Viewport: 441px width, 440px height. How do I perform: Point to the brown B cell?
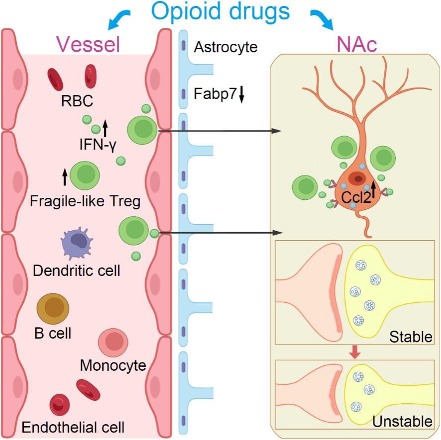click(x=53, y=309)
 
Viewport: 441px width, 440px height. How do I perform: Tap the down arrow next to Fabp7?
click(x=241, y=93)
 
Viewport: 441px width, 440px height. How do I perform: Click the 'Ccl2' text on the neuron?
click(x=355, y=197)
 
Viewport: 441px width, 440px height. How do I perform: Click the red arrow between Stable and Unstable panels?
click(x=354, y=352)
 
